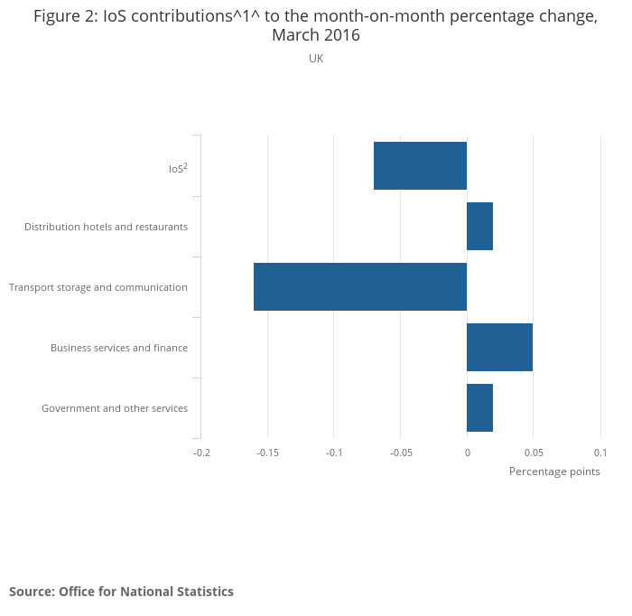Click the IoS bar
point(420,166)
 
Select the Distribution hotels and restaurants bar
point(479,227)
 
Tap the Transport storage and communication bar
point(360,287)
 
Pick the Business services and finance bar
point(499,348)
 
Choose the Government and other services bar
point(479,408)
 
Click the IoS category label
point(178,168)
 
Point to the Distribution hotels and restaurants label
point(106,227)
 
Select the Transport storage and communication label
point(98,287)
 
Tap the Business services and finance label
point(119,348)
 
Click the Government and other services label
point(115,408)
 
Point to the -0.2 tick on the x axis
point(201,453)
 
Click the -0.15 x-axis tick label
point(267,453)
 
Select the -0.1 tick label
point(334,453)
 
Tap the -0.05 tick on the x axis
point(400,453)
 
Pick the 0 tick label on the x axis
point(467,453)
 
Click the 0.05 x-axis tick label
point(533,453)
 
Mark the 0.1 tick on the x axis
point(599,453)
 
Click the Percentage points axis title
point(554,471)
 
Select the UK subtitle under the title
point(316,59)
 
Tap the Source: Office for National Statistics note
point(121,592)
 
